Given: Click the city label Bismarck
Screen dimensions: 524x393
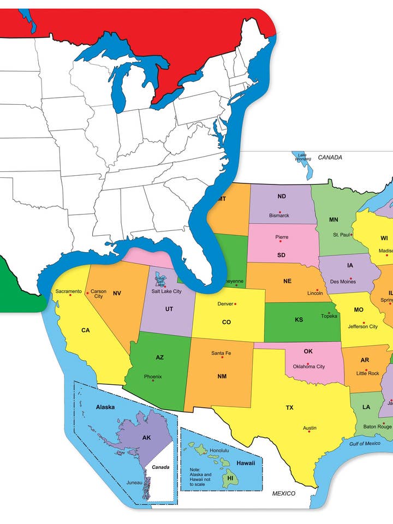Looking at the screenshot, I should (279, 216).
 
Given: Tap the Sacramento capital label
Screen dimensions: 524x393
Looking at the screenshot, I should (69, 291).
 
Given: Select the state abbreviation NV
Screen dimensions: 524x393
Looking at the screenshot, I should (117, 294).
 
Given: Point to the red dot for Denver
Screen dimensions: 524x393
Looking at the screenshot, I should (236, 304).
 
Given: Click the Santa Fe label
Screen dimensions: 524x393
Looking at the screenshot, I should (221, 353).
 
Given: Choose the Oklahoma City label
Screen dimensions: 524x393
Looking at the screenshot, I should (309, 366).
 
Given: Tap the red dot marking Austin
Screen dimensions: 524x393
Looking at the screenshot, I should (309, 431).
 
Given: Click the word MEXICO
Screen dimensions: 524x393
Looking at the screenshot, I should (284, 493).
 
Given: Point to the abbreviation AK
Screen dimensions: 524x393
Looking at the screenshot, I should (146, 438).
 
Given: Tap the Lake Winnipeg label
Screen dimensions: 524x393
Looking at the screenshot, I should (303, 157).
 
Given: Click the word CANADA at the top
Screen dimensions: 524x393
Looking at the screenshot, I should (330, 158).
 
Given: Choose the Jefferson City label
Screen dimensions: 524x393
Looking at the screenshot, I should (362, 326).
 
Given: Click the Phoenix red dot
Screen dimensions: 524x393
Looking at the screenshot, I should (153, 380).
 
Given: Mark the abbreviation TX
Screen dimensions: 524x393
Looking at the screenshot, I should (290, 408).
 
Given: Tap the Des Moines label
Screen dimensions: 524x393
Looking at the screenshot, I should (343, 282).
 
